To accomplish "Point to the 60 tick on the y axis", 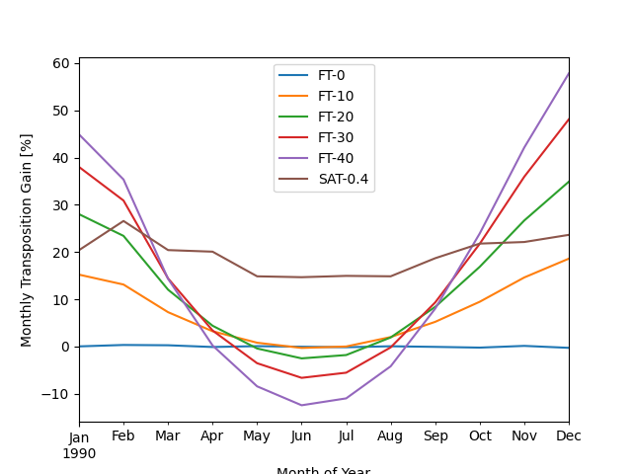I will pos(61,63).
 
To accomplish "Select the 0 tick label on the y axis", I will pos(65,347).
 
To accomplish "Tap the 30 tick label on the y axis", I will pos(61,205).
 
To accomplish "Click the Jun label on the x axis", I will pos(301,436).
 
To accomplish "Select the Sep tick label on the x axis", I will pos(435,436).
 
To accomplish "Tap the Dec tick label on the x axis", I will pos(568,436).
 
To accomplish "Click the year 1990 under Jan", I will pos(79,453).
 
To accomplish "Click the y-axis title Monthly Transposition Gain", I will pos(28,240).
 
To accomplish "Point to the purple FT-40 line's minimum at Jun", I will pos(301,405).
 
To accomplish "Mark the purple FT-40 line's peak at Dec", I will pos(569,73).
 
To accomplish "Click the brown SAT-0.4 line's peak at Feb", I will pos(123,221).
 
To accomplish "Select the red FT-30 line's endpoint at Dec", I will pos(569,119).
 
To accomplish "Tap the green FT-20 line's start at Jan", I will pos(79,214).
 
